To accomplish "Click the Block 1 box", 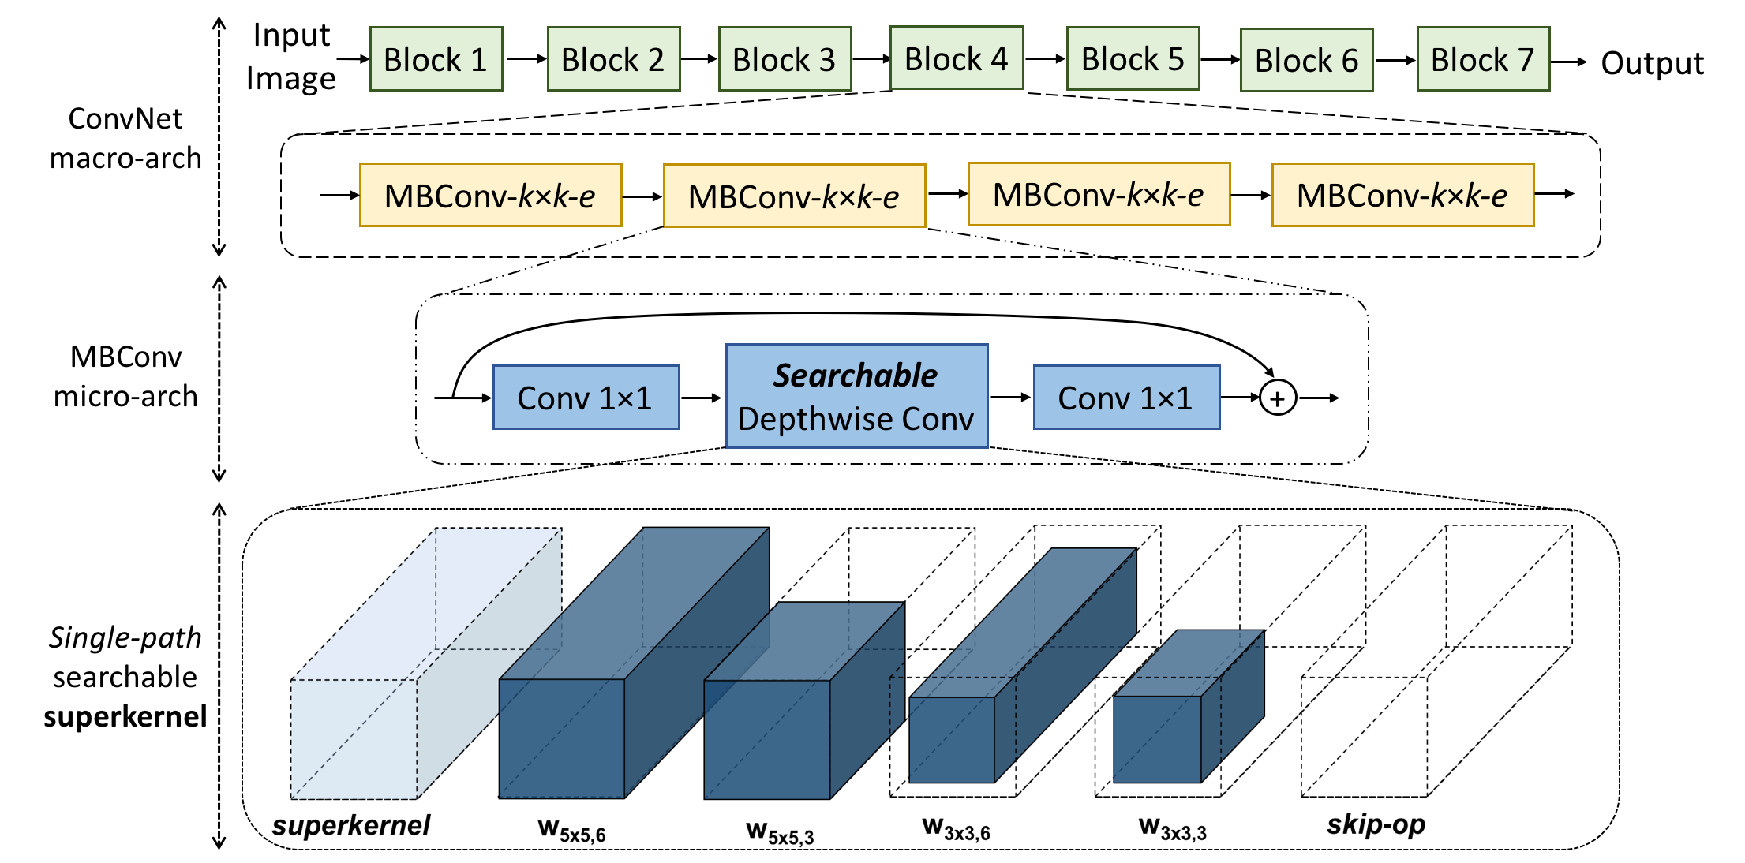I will (x=436, y=59).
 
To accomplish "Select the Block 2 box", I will (x=613, y=59).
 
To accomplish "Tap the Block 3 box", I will (x=785, y=59).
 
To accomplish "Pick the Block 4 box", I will (x=957, y=58).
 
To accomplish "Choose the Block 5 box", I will (x=1133, y=58).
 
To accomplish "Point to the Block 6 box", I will (x=1306, y=60).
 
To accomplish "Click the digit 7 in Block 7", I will (x=1526, y=60).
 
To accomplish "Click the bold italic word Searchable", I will (x=856, y=375).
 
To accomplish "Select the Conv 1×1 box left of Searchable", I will (x=586, y=398).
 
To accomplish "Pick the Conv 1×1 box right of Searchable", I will (x=1126, y=398).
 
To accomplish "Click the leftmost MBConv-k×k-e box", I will (x=490, y=196).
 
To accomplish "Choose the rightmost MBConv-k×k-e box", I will (x=1402, y=195).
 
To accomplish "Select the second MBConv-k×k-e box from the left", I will (x=794, y=196).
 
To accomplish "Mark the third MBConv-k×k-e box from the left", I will (x=1099, y=195).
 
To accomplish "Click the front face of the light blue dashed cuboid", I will (x=354, y=738).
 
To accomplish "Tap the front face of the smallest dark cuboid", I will (x=1157, y=739).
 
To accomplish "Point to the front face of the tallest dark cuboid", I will (x=561, y=738).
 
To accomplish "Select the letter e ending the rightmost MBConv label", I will (x=1499, y=196).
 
